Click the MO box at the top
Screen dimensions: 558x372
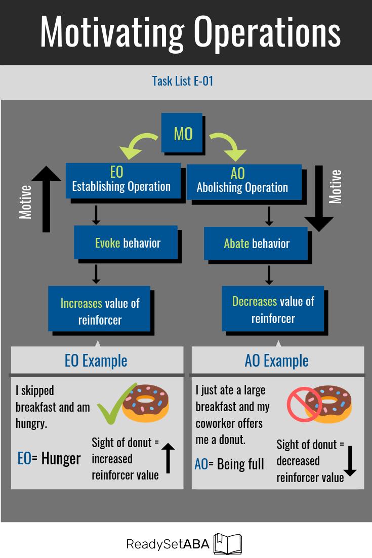pos(182,133)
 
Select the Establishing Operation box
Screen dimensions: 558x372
pos(122,180)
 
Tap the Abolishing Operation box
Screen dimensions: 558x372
pos(243,181)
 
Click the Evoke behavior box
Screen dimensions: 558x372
pos(128,243)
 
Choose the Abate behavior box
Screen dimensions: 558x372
pos(256,244)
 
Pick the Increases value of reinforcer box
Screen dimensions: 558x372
pos(100,310)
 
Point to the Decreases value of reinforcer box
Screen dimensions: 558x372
pos(273,309)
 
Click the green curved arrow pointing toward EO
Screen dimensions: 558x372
pos(138,145)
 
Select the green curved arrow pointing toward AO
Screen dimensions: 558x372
pos(228,145)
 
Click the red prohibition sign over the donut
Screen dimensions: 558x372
pos(304,405)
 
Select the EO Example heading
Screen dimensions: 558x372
pos(96,361)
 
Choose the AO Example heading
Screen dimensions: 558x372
pos(276,361)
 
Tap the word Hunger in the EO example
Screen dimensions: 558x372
pos(61,458)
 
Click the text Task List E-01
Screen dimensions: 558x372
pos(183,81)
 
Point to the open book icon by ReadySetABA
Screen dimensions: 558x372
pos(228,544)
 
